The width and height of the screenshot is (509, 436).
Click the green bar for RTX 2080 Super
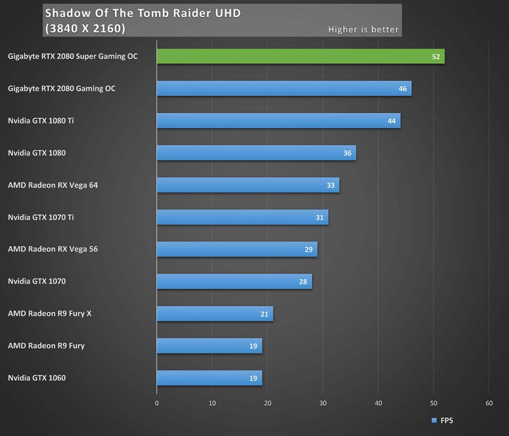pyautogui.click(x=300, y=57)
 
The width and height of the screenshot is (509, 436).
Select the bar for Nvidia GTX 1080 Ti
pyautogui.click(x=278, y=121)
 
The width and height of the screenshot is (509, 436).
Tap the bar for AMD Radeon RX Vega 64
pyautogui.click(x=248, y=185)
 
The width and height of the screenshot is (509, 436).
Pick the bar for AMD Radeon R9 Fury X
pyautogui.click(x=215, y=314)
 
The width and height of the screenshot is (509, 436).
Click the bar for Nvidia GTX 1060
pyautogui.click(x=209, y=378)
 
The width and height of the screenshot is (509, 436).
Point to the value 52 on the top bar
pyautogui.click(x=436, y=57)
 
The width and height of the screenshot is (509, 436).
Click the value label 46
pyautogui.click(x=403, y=89)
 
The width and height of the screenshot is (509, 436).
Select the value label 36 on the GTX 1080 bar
pyautogui.click(x=347, y=153)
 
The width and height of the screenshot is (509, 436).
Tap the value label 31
pyautogui.click(x=319, y=217)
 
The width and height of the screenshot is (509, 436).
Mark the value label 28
pyautogui.click(x=303, y=282)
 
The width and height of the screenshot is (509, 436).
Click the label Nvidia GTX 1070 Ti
pyautogui.click(x=41, y=217)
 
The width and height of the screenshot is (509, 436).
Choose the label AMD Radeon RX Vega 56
pyautogui.click(x=53, y=249)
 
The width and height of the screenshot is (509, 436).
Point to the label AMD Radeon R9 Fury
pyautogui.click(x=46, y=346)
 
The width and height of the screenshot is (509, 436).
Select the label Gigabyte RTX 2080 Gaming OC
pyautogui.click(x=62, y=88)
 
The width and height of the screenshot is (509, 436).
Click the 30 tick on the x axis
pyautogui.click(x=323, y=403)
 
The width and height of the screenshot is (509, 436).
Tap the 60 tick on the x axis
pyautogui.click(x=489, y=403)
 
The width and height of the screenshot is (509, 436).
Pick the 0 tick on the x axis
pyautogui.click(x=157, y=403)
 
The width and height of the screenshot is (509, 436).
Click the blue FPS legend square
pyautogui.click(x=434, y=420)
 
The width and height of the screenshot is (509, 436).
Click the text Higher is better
pyautogui.click(x=363, y=29)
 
